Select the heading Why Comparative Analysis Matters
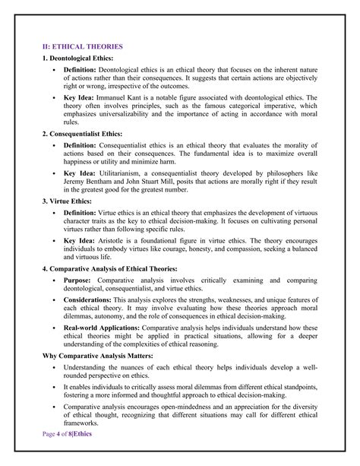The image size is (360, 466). pos(97,353)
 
